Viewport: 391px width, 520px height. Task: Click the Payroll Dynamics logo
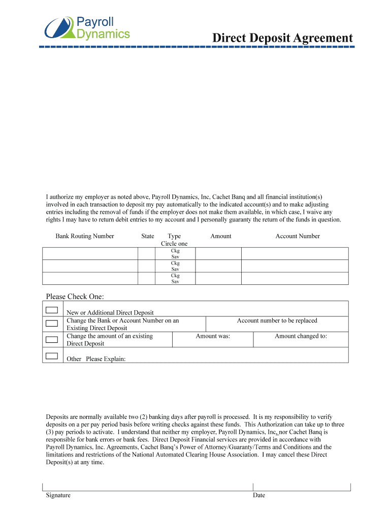87,27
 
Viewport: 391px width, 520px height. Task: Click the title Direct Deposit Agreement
282,38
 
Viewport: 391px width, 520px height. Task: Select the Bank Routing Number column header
85,236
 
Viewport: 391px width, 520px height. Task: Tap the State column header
148,236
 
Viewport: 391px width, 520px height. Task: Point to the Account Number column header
298,236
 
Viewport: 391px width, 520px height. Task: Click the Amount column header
221,236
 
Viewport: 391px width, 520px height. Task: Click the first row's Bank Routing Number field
90,253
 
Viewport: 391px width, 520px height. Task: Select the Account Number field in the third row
295,278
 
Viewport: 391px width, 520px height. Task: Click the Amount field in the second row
218,266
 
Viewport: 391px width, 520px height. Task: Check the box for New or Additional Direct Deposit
51,310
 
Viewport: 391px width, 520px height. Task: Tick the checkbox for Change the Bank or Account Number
51,323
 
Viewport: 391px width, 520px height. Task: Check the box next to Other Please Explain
51,355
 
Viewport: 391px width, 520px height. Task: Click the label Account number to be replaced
277,321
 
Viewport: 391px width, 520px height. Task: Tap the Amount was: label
213,336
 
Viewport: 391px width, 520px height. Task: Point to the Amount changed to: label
301,336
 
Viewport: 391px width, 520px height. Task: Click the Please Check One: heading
75,297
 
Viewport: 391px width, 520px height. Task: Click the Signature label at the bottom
58,496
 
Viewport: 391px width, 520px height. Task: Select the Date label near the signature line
259,496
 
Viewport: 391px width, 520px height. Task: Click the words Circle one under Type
174,244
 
